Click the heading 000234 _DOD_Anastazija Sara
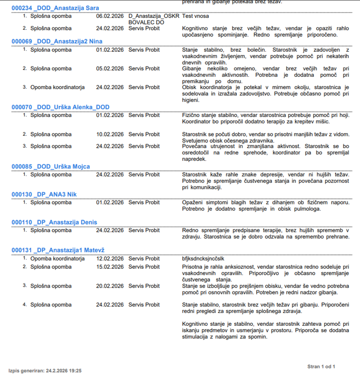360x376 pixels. (55, 8)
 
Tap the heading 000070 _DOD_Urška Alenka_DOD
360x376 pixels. (60, 107)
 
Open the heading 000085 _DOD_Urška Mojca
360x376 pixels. (51, 166)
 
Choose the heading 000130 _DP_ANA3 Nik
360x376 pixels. (44, 194)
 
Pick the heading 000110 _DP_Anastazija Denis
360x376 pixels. (54, 222)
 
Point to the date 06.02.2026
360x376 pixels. (110, 16)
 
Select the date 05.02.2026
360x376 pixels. (110, 69)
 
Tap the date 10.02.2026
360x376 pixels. (110, 134)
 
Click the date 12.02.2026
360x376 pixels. (110, 259)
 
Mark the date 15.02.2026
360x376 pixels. (110, 267)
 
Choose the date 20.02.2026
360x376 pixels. (110, 286)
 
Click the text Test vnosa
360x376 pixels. (195, 16)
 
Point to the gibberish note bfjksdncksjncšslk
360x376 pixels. (203, 259)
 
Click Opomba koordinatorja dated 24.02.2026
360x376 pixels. (57, 87)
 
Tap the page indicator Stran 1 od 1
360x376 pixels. (321, 367)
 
